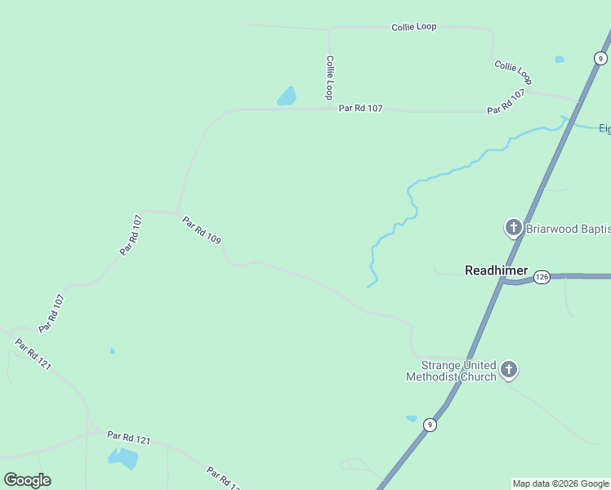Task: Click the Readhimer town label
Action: pos(496,270)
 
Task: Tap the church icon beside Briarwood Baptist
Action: pos(514,228)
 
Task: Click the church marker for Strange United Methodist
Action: pos(509,371)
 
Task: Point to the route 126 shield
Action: pos(542,278)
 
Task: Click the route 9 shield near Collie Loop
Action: pos(600,58)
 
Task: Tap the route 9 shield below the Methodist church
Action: pos(430,425)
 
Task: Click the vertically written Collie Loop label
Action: pos(329,78)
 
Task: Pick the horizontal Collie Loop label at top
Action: pos(413,27)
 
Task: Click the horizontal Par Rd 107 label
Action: pos(360,109)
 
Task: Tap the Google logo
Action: pos(27,479)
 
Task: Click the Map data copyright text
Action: pos(561,483)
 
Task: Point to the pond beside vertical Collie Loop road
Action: pos(287,96)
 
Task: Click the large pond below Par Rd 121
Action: pos(124,458)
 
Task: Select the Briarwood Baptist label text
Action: pos(567,228)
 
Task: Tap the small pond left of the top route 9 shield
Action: pos(559,59)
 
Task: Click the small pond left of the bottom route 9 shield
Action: pos(411,419)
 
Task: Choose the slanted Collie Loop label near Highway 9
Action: pos(513,72)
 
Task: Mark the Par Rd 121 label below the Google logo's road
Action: pos(129,438)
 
